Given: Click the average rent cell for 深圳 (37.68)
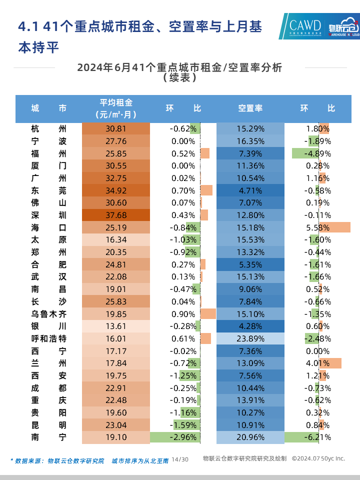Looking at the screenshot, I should tap(115, 215).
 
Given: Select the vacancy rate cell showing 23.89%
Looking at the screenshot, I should tap(250, 338).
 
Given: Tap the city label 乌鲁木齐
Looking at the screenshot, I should tap(48, 314).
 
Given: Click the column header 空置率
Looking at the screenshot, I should tap(250, 108).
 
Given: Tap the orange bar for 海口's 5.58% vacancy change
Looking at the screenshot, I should tap(335, 227).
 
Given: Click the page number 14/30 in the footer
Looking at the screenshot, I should tap(180, 459).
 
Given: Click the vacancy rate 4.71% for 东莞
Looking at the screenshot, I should tap(250, 190).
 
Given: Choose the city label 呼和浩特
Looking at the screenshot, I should tap(48, 338).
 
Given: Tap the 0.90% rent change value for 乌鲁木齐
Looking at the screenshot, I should tap(183, 314).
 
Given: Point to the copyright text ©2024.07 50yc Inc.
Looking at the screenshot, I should tap(318, 458).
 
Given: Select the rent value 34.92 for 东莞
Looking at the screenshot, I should tap(115, 190).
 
